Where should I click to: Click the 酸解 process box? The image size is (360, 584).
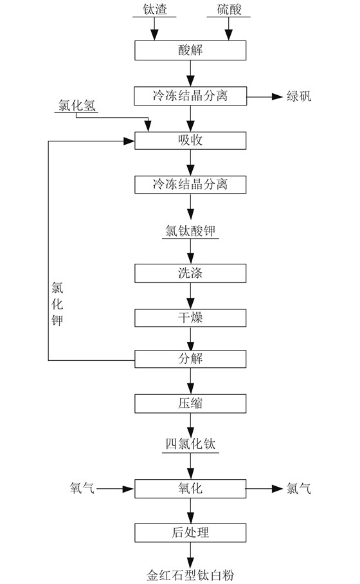point(190,50)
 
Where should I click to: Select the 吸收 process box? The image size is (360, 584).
point(190,140)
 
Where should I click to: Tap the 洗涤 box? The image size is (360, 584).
point(190,273)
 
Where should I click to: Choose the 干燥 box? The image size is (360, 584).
point(190,318)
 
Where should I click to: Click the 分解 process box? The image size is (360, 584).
point(190,359)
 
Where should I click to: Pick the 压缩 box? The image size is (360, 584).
point(190,404)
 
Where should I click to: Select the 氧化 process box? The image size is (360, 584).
point(190,489)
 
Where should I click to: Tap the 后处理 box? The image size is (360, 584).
point(190,533)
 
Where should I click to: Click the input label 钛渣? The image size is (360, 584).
point(154,9)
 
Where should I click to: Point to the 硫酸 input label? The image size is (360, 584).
point(230,9)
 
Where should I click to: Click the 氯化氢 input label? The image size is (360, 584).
point(77,105)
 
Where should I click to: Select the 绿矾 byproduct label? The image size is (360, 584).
point(299,96)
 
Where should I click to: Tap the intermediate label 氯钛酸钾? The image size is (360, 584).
point(190,231)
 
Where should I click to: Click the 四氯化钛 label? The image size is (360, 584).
point(190,444)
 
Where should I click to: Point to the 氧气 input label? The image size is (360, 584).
point(82,488)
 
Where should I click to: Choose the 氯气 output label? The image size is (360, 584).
point(298,488)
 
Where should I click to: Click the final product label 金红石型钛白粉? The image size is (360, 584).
point(190,575)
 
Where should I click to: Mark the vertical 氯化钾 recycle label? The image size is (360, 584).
point(57,304)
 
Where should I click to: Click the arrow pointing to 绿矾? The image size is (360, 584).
point(265,97)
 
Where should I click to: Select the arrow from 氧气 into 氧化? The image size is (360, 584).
point(115,489)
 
